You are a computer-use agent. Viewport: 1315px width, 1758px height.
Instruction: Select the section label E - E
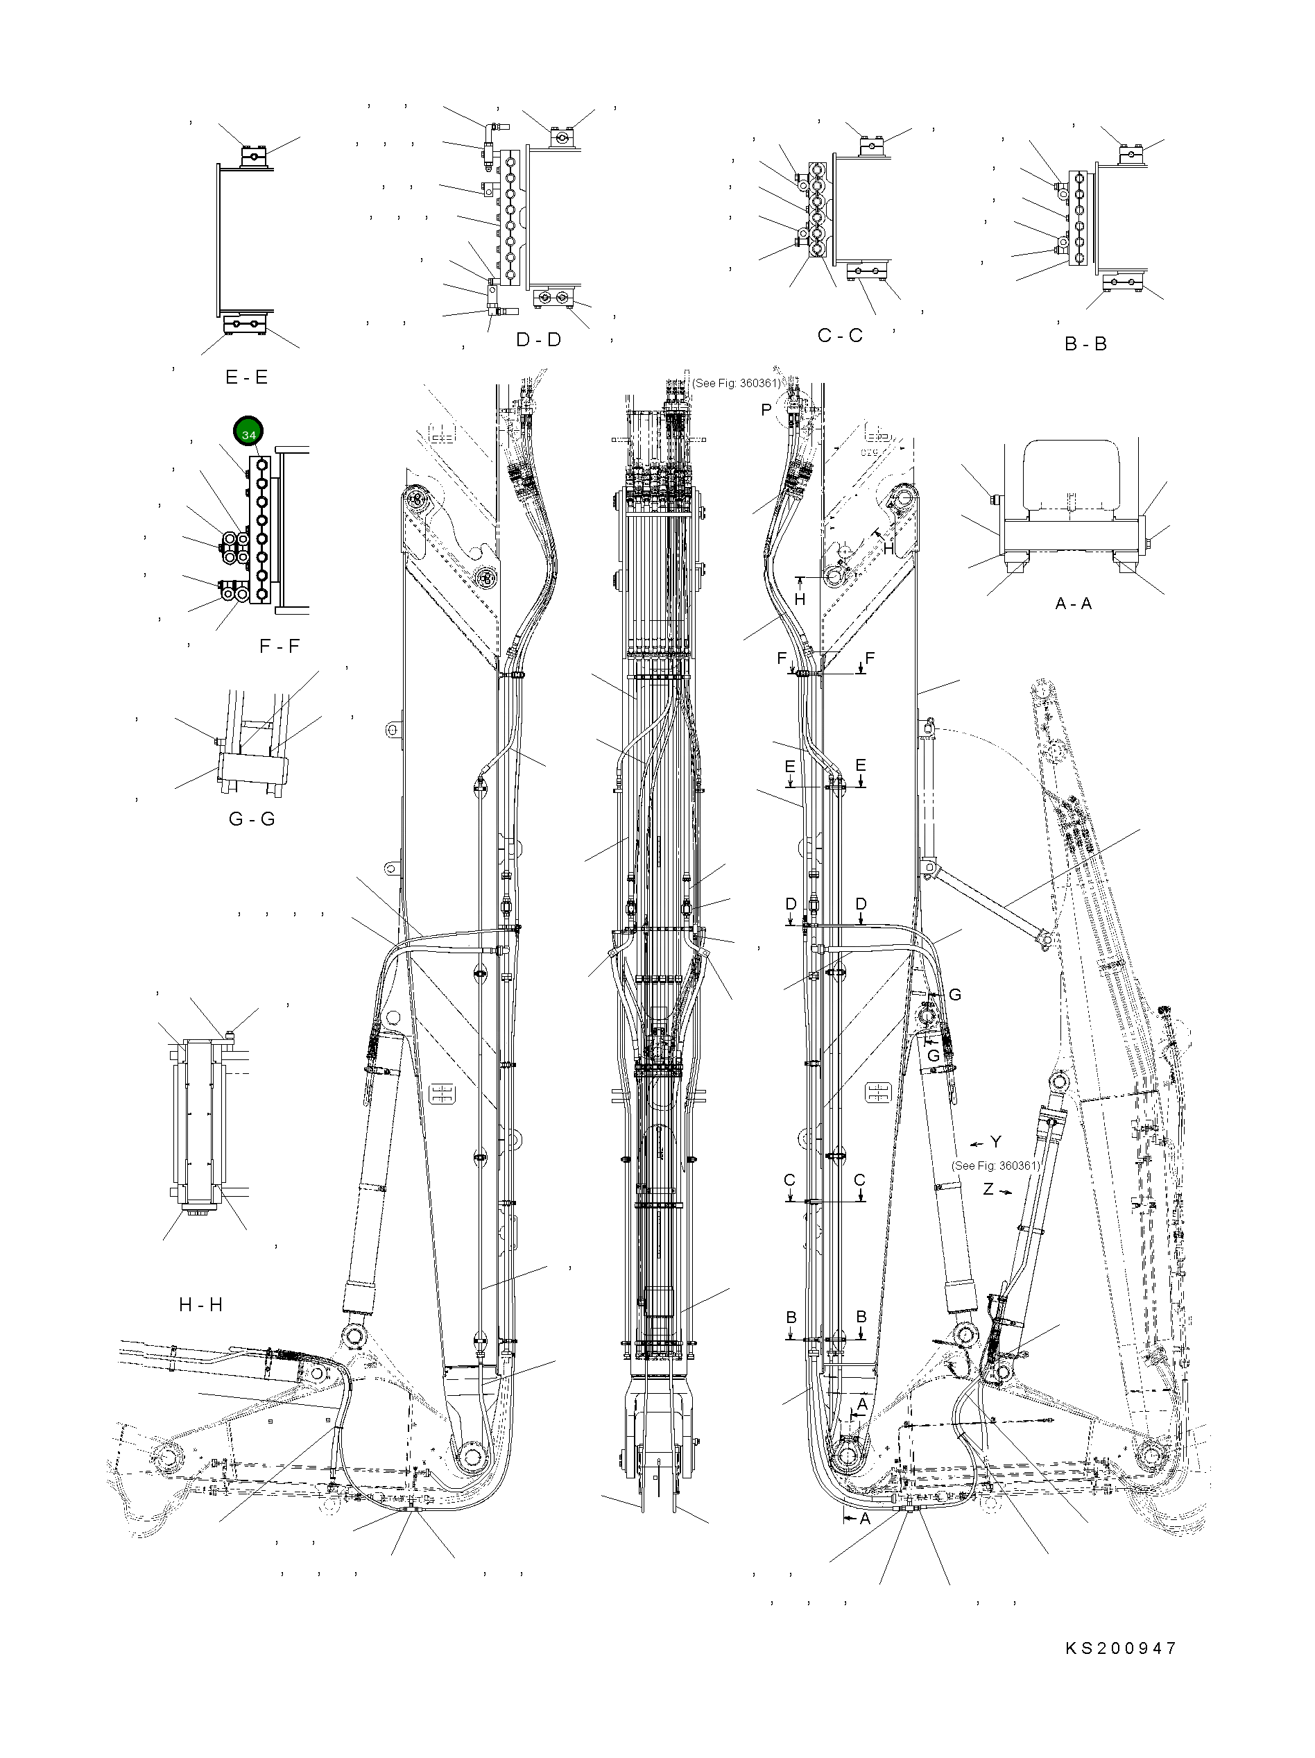point(246,377)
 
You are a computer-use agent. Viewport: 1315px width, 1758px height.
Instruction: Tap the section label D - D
point(538,339)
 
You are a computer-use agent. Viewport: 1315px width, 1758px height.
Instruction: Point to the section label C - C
point(840,335)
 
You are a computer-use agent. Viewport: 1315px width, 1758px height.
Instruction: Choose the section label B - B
point(1085,344)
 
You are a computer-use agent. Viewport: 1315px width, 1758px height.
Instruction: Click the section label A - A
point(1073,603)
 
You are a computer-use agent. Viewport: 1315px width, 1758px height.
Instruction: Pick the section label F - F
point(279,646)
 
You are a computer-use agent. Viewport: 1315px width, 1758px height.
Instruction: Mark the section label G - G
point(251,819)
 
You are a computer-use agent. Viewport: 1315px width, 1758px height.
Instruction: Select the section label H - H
point(200,1305)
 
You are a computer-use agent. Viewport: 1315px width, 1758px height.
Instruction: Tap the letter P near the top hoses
point(766,410)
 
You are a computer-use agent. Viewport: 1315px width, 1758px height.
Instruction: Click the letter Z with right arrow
point(988,1190)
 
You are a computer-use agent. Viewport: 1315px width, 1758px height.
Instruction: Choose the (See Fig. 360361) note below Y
point(995,1166)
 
